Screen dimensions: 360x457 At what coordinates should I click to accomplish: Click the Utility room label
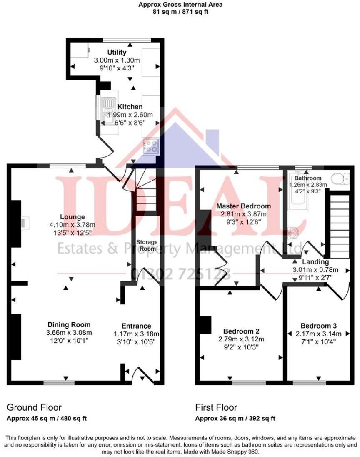pyautogui.click(x=117, y=53)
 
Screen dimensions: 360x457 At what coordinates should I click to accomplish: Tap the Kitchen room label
pyautogui.click(x=130, y=107)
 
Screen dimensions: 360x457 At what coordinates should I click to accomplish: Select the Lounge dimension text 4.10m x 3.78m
pyautogui.click(x=72, y=225)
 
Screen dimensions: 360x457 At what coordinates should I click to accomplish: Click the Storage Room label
pyautogui.click(x=147, y=246)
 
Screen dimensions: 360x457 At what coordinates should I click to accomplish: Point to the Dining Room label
pyautogui.click(x=69, y=325)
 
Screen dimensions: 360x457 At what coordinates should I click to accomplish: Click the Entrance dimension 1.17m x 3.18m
pyautogui.click(x=136, y=334)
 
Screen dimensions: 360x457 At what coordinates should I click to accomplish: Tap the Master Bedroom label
pyautogui.click(x=243, y=206)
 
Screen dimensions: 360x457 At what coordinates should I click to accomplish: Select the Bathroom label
pyautogui.click(x=308, y=178)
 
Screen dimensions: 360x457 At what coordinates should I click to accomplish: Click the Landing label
pyautogui.click(x=315, y=262)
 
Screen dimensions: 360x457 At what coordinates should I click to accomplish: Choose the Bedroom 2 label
pyautogui.click(x=241, y=331)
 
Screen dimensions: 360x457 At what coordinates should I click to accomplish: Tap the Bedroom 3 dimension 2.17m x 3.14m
pyautogui.click(x=319, y=334)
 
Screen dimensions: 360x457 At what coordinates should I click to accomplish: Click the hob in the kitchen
pyautogui.click(x=151, y=146)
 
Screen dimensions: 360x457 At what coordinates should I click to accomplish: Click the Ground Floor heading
pyautogui.click(x=34, y=407)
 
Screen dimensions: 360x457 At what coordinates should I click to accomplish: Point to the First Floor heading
pyautogui.click(x=216, y=407)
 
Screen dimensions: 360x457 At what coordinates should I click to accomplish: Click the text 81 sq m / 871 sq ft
pyautogui.click(x=180, y=12)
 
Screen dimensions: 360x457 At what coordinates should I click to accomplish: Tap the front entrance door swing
pyautogui.click(x=143, y=376)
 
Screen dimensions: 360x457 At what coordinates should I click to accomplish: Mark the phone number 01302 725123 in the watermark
pyautogui.click(x=181, y=274)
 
